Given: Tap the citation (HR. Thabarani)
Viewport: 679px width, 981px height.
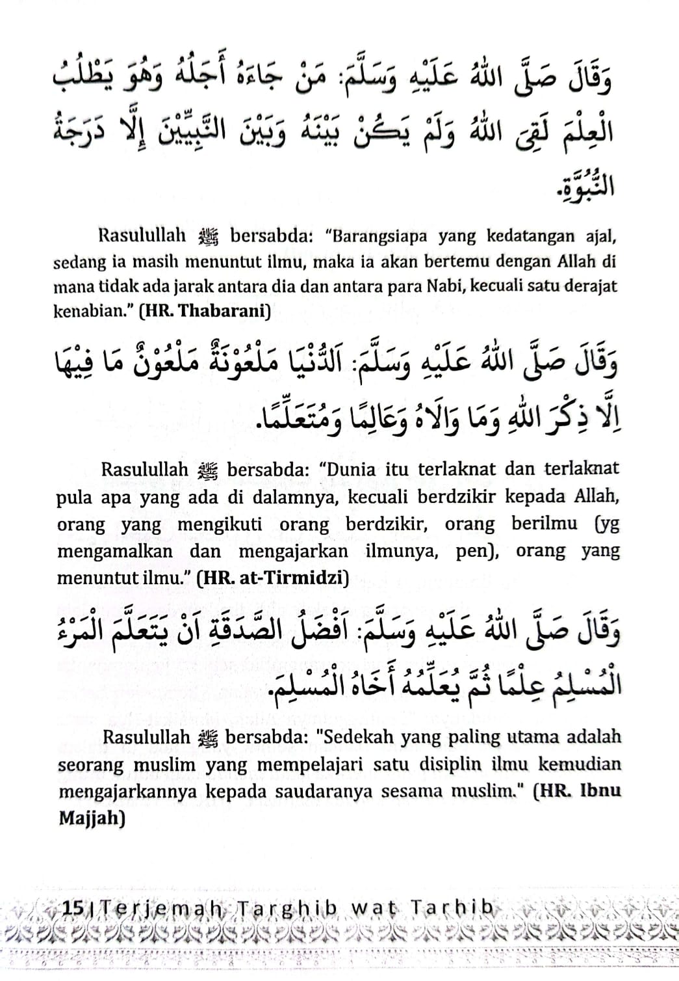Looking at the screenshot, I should pyautogui.click(x=205, y=310).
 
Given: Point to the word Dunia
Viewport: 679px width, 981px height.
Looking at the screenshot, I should pyautogui.click(x=349, y=469).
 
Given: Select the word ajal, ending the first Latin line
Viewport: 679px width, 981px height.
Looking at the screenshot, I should pyautogui.click(x=597, y=237).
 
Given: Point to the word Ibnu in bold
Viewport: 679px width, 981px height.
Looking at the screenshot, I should pyautogui.click(x=600, y=792).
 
